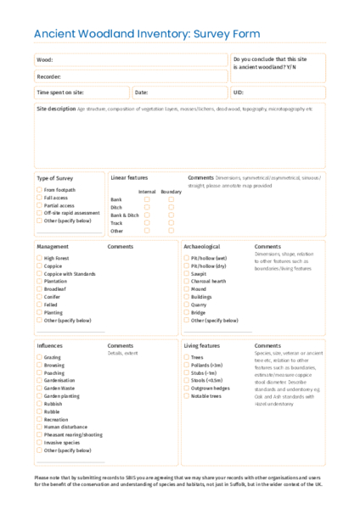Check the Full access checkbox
39,198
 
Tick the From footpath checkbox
39,190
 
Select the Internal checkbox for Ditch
147,207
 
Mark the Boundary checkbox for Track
171,223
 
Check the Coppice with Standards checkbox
39,273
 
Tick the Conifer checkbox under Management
39,297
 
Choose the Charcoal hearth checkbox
186,281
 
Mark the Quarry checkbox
186,305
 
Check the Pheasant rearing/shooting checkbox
39,434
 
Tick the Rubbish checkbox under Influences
39,403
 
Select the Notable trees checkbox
186,396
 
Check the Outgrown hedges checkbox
186,389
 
